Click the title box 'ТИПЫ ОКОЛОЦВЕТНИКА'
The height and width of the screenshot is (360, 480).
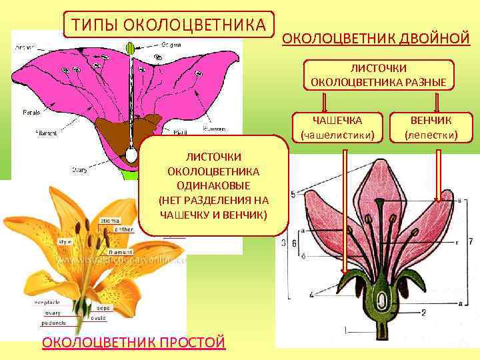pos(168,25)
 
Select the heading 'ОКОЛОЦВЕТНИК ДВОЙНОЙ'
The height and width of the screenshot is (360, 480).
pos(376,38)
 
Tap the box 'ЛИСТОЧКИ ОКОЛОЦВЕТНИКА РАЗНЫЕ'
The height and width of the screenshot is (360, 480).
pos(379,75)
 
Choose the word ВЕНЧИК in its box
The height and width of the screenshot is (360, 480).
pos(431,121)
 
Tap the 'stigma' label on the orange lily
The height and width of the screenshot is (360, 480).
pos(109,220)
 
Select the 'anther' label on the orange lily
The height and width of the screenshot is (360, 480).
pos(124,230)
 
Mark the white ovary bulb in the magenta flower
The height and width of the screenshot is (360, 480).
pos(131,155)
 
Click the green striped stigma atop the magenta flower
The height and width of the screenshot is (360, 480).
pos(130,49)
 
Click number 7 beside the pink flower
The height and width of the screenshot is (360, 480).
pos(471,241)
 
